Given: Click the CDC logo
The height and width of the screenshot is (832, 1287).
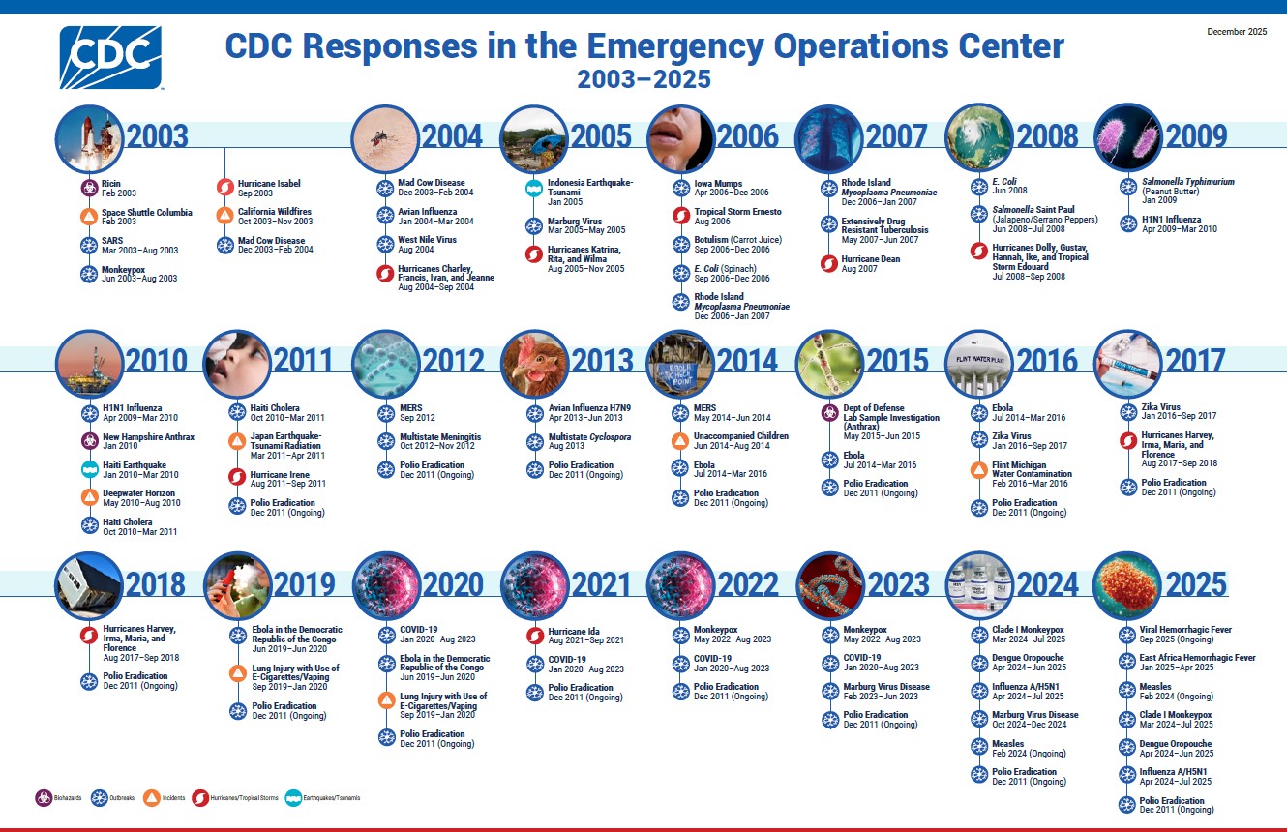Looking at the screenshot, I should pos(110,57).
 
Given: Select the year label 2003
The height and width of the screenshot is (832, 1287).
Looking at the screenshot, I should pos(157,136).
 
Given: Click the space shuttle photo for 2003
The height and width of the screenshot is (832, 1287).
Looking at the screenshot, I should pos(89,137).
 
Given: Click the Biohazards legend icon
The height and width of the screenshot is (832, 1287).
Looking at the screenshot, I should pos(43,798).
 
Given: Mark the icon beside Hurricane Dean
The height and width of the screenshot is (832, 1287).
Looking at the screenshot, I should pos(828,263).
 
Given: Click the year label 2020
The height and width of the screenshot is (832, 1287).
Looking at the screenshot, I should pos(453,584).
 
